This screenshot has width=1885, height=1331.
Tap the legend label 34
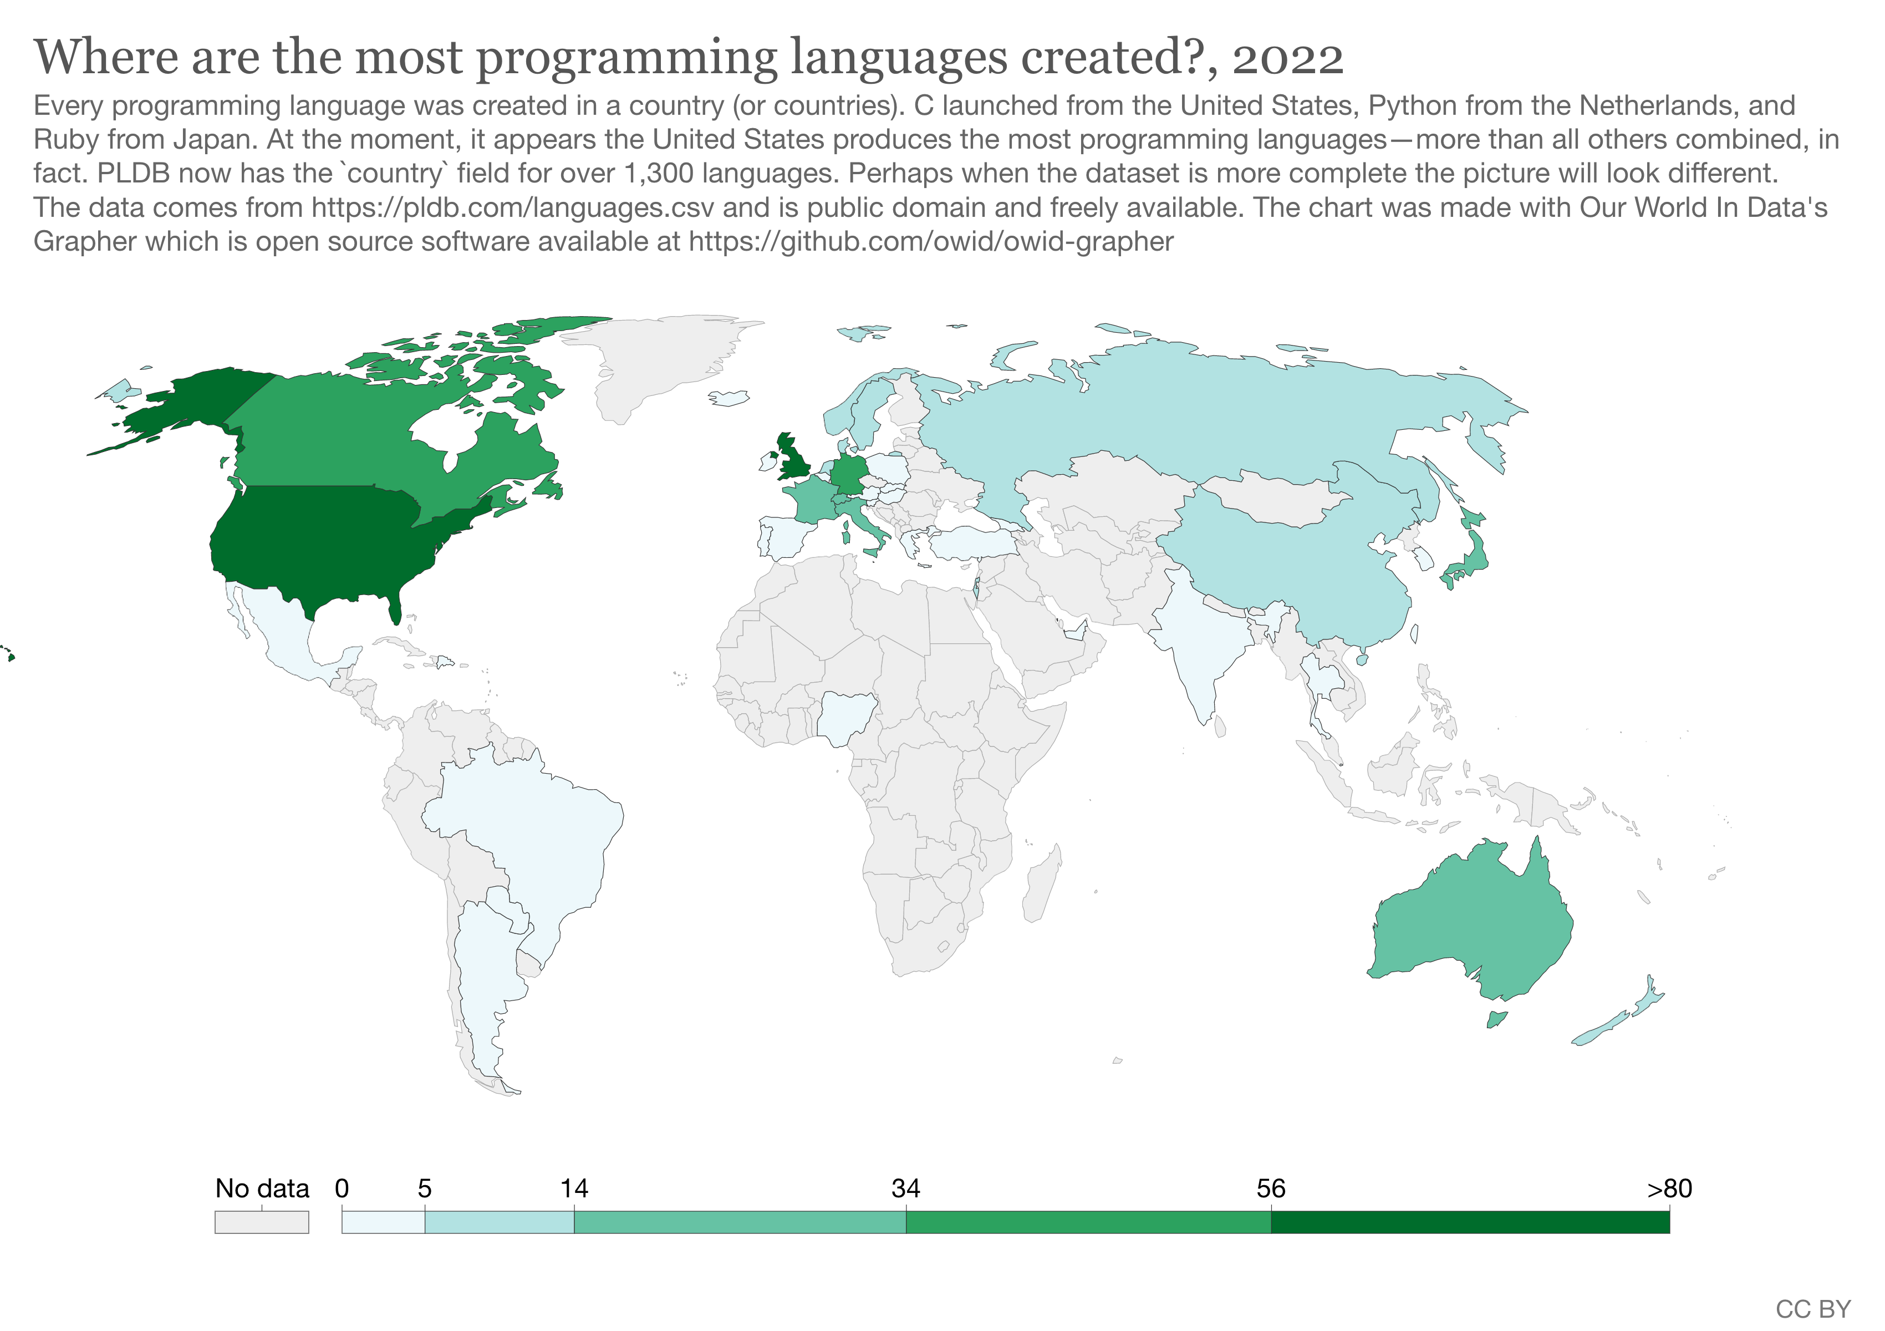pyautogui.click(x=905, y=1188)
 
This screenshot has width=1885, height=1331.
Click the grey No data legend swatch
pyautogui.click(x=261, y=1222)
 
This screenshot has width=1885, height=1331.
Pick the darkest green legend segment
pyautogui.click(x=1470, y=1222)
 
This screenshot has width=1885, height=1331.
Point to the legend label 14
pyautogui.click(x=574, y=1188)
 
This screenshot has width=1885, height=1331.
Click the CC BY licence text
pyautogui.click(x=1813, y=1309)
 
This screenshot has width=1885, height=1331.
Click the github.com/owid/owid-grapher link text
pyautogui.click(x=932, y=241)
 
